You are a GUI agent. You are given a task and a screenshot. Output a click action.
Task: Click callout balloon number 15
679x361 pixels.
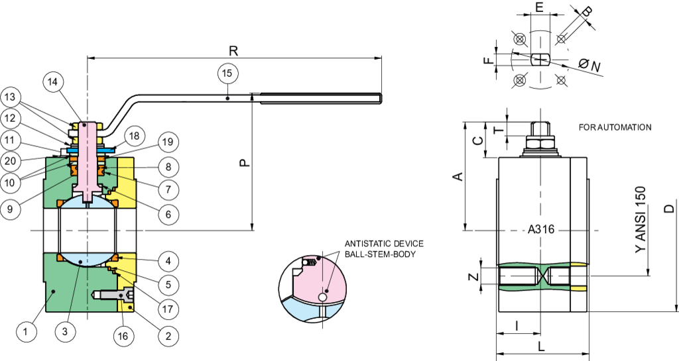(x=227, y=73)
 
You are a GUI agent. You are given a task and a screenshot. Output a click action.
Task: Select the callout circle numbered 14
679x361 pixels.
(x=53, y=81)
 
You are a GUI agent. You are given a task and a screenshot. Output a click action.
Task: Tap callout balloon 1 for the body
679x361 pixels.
(x=26, y=332)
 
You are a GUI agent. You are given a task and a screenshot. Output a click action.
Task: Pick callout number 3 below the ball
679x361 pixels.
(x=65, y=332)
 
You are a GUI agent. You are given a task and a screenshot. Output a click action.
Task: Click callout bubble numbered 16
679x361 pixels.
(x=123, y=335)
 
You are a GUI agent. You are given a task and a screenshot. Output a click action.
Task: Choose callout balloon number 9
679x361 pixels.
(x=10, y=209)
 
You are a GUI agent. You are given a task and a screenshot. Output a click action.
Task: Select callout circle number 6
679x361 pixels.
(x=168, y=214)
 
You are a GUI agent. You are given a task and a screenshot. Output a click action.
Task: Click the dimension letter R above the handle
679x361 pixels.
(x=233, y=50)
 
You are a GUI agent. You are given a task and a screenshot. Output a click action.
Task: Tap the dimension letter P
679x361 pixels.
(x=245, y=162)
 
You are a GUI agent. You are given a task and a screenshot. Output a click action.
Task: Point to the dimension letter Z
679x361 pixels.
(x=475, y=276)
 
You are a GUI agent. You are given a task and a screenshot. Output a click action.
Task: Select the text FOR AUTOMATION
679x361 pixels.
(x=615, y=127)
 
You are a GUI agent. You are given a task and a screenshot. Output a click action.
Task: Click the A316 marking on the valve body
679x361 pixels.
(x=541, y=229)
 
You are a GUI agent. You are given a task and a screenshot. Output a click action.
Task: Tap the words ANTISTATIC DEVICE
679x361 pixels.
(x=384, y=244)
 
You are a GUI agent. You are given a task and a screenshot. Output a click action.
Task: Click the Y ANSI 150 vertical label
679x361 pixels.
(x=641, y=219)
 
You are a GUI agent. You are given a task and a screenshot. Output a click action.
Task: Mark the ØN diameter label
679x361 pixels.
(x=589, y=66)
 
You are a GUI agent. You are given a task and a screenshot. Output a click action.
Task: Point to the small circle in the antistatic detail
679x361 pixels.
(x=323, y=297)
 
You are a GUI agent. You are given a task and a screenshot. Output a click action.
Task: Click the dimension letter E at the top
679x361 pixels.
(x=539, y=7)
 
